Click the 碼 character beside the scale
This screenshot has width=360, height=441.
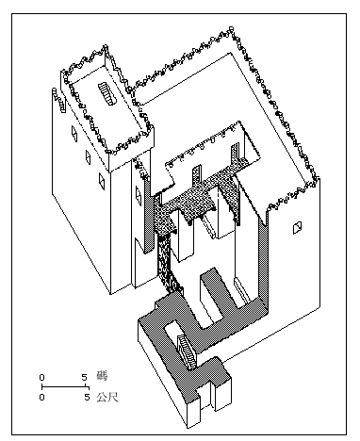click(x=102, y=376)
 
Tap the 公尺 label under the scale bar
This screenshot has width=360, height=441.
click(x=107, y=397)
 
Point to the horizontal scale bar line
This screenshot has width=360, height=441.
click(x=65, y=386)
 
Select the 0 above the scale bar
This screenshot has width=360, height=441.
click(x=42, y=377)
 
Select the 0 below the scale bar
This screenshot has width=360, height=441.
click(x=42, y=398)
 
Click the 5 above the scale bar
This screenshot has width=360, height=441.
click(x=84, y=377)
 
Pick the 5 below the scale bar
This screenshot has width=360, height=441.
click(x=87, y=398)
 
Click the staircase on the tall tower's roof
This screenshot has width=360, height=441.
click(x=107, y=93)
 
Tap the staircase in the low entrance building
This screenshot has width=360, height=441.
click(x=188, y=351)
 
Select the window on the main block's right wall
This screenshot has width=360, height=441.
click(x=297, y=228)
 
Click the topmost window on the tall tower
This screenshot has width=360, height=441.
click(x=74, y=133)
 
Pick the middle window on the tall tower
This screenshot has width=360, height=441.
click(x=88, y=157)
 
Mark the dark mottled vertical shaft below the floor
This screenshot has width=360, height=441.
click(x=168, y=265)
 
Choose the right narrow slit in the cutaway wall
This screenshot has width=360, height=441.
click(x=235, y=154)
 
